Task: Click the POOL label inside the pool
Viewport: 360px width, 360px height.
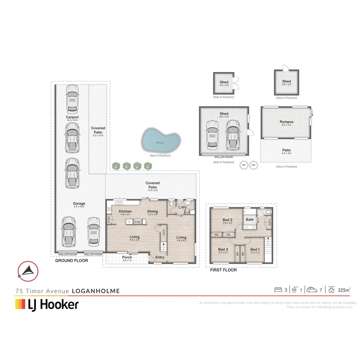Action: (160, 143)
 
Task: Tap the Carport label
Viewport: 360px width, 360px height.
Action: (72, 117)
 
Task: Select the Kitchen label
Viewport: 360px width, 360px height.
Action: (125, 211)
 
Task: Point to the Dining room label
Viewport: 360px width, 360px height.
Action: (153, 211)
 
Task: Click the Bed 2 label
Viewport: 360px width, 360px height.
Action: (227, 219)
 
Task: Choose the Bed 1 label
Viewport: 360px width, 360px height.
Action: (255, 249)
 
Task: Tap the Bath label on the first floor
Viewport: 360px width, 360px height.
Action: (250, 219)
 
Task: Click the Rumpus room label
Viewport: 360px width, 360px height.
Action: (286, 122)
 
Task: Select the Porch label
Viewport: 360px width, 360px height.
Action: (127, 257)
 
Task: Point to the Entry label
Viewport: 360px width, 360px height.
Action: (160, 257)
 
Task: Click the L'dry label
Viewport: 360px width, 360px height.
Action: (182, 207)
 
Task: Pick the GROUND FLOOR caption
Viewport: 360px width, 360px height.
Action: (71, 260)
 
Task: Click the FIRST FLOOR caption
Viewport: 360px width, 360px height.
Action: (223, 270)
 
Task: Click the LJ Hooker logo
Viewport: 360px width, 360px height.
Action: (47, 304)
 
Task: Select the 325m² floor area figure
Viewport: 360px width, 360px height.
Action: (343, 290)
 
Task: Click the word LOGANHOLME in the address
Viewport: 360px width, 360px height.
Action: (96, 291)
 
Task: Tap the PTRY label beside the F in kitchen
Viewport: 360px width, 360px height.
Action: (138, 222)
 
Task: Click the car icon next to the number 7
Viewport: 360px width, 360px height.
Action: (312, 290)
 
